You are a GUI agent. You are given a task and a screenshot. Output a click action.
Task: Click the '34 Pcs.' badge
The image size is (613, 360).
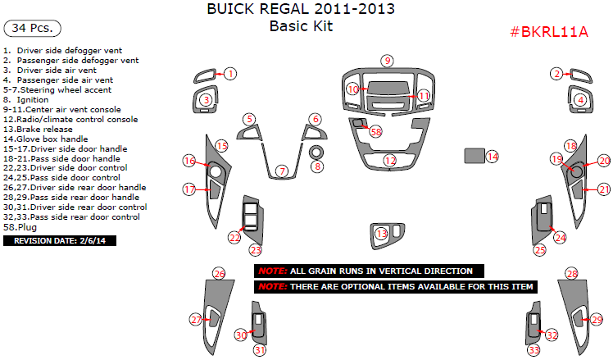coord(33,28)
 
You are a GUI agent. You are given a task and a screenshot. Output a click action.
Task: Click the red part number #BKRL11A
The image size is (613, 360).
coord(549,32)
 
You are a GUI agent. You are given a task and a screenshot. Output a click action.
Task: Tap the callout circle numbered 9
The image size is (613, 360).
coord(387,61)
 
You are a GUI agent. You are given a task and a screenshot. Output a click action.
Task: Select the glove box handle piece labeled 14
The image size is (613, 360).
coord(475,155)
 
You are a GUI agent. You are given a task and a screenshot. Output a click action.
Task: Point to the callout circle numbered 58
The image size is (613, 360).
coord(375,132)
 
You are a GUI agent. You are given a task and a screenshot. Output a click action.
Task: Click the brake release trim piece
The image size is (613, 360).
coord(387,235)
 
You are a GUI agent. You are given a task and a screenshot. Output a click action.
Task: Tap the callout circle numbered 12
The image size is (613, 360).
coord(390,160)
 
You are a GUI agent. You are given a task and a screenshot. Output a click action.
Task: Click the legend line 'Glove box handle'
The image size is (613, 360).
coord(45,139)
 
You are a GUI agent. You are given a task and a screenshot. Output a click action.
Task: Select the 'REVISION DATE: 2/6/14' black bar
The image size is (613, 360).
coord(60,240)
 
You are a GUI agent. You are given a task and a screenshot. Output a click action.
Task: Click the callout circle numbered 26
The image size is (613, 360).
coord(219,274)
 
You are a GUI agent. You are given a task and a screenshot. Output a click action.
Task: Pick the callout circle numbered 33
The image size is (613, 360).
coord(534,350)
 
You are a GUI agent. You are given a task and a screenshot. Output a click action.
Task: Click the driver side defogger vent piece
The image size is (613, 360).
coord(204,76)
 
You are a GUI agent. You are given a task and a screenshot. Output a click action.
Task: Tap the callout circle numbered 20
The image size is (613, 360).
coord(604,161)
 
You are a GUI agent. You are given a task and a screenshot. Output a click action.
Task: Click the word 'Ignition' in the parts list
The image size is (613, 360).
coord(33,100)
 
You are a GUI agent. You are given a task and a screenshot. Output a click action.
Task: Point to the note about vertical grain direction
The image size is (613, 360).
coord(369,271)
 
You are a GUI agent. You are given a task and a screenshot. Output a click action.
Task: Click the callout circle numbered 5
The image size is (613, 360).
coord(249,119)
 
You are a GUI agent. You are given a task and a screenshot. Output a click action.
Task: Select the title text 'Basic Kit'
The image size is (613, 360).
coord(301,26)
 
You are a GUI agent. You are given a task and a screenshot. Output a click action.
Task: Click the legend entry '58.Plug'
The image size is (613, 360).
coord(20,227)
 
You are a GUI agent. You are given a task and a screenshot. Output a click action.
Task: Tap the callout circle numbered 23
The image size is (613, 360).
coord(256,250)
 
